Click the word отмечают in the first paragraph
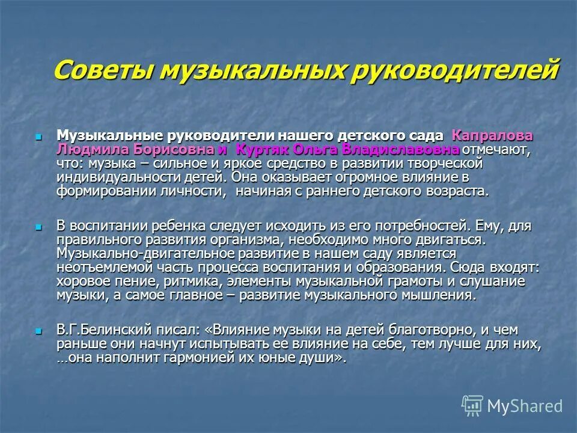[x=496, y=150]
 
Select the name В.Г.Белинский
[x=102, y=330]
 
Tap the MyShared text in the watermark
[x=525, y=407]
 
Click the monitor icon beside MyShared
[x=472, y=405]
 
